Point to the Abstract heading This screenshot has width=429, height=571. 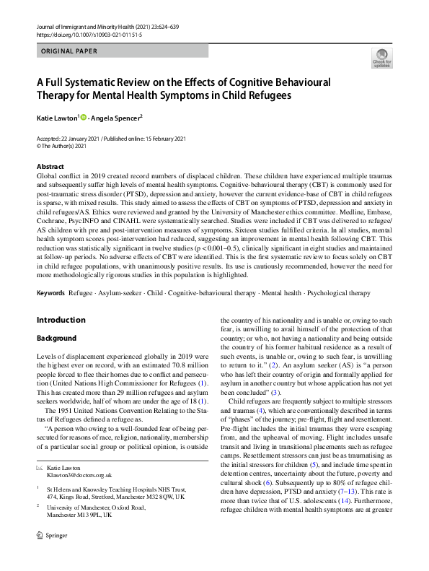50,166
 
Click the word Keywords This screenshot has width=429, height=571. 51,294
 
